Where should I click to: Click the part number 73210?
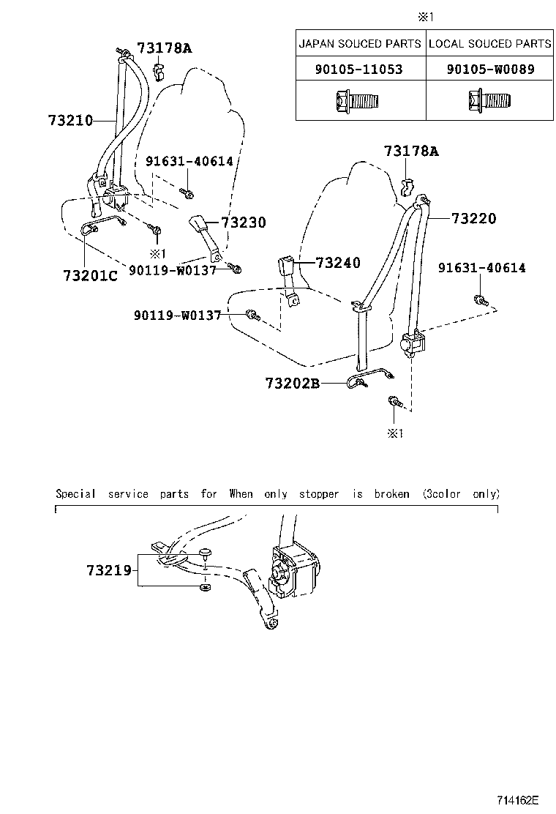tap(70, 120)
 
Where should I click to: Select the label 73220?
tap(473, 218)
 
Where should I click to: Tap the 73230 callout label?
tap(244, 223)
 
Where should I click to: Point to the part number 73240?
tap(338, 263)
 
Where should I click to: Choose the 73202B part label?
tap(293, 383)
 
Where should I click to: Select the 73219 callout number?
tap(108, 569)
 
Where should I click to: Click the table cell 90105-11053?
tap(361, 70)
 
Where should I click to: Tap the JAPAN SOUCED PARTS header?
tap(361, 44)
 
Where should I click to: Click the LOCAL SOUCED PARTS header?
tap(490, 44)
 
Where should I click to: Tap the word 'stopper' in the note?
tap(318, 494)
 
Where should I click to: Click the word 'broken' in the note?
tap(391, 494)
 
